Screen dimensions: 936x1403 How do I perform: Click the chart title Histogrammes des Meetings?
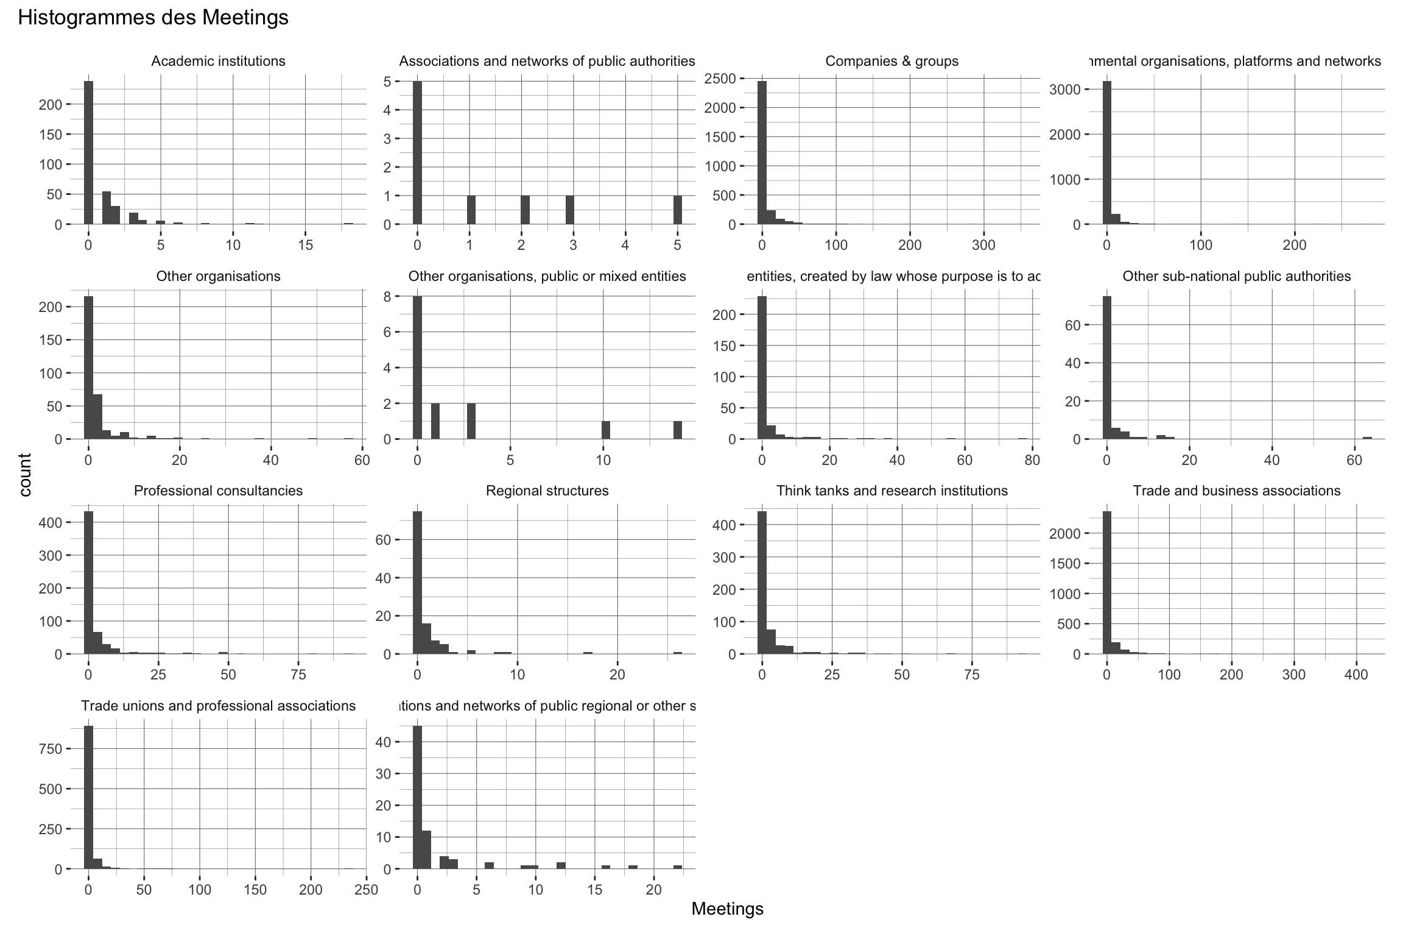pyautogui.click(x=153, y=18)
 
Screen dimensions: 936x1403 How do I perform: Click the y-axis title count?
pyautogui.click(x=25, y=475)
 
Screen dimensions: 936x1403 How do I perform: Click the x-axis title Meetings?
pyautogui.click(x=727, y=909)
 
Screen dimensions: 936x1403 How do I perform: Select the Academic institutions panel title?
pyautogui.click(x=218, y=61)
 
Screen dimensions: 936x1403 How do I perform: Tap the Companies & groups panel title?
pyautogui.click(x=891, y=61)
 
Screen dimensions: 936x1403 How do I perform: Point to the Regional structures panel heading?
pyautogui.click(x=547, y=491)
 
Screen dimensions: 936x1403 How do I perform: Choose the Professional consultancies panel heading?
pyautogui.click(x=218, y=491)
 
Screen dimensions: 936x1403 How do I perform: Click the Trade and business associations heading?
pyautogui.click(x=1236, y=491)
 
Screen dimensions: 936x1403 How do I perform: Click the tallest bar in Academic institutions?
pyautogui.click(x=88, y=152)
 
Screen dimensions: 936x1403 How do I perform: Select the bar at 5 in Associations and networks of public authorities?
pyautogui.click(x=677, y=210)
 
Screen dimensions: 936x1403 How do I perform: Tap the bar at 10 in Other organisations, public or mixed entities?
pyautogui.click(x=605, y=430)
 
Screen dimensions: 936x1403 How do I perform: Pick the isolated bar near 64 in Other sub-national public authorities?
pyautogui.click(x=1367, y=438)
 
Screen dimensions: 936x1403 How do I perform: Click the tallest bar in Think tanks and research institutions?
pyautogui.click(x=762, y=583)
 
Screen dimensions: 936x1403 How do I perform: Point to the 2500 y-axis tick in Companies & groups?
pyautogui.click(x=723, y=78)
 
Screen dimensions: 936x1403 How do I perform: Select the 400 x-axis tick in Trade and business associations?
pyautogui.click(x=1356, y=675)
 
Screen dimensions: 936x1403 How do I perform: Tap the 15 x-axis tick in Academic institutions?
pyautogui.click(x=306, y=245)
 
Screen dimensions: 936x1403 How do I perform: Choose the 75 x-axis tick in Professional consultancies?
pyautogui.click(x=298, y=675)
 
